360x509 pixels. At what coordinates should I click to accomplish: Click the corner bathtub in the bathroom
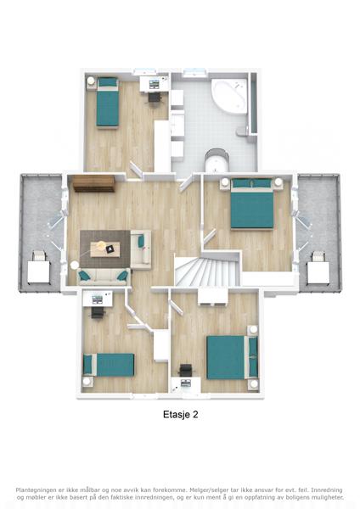click(229, 96)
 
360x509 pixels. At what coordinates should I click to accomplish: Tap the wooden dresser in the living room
click(93, 183)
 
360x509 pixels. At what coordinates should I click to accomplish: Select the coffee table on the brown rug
click(105, 249)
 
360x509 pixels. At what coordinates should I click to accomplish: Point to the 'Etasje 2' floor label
click(180, 415)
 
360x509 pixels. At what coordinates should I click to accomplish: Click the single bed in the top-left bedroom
click(108, 102)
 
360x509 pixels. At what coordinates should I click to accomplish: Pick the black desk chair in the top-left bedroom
click(155, 97)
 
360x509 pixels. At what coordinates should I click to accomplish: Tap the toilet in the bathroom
click(217, 160)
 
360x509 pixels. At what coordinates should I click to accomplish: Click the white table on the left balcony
click(39, 272)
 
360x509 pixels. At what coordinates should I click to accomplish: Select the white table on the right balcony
click(318, 272)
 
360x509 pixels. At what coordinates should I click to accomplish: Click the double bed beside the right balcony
click(252, 204)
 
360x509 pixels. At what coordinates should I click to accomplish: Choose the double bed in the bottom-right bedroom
click(232, 357)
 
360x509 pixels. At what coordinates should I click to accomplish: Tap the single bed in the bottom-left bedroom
click(109, 365)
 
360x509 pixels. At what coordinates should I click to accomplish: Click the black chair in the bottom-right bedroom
click(186, 371)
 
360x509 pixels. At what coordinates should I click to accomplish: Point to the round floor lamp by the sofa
click(75, 266)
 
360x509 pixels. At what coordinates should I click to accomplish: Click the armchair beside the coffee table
click(141, 249)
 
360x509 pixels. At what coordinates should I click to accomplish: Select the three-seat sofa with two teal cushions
click(104, 277)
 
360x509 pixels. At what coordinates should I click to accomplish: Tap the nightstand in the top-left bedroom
click(91, 82)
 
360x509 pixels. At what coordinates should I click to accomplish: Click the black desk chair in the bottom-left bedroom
click(98, 312)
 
